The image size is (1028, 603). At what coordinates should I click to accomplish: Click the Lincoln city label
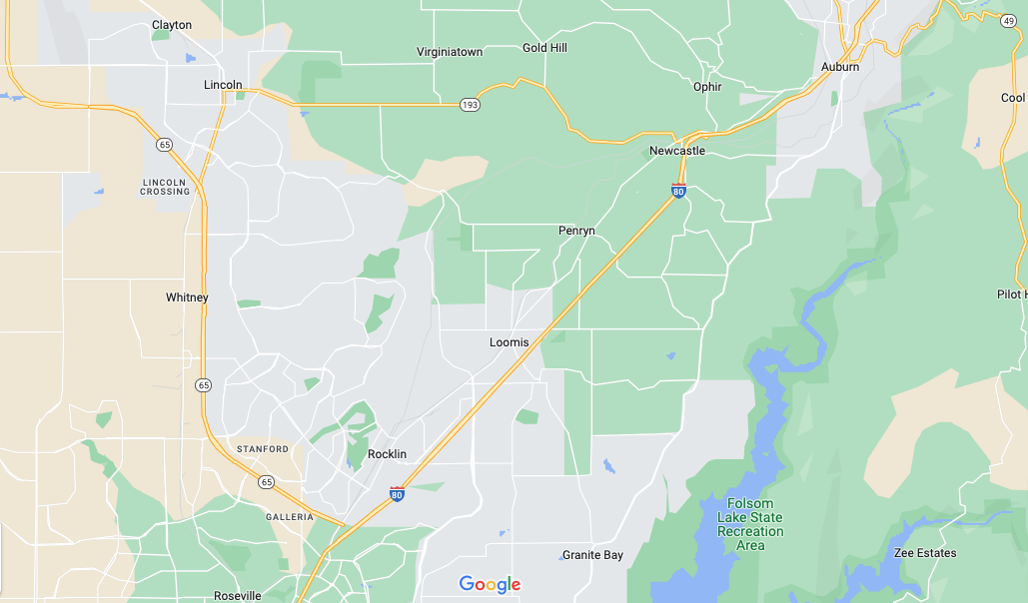pos(223,85)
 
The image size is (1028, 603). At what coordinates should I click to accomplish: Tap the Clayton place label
pos(172,25)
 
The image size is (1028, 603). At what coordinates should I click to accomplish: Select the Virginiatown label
pos(449,51)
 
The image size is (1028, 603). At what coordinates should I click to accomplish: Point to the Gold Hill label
pos(544,48)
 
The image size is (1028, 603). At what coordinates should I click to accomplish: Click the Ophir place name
pos(707,88)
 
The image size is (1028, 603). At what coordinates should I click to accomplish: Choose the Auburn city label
pos(840,67)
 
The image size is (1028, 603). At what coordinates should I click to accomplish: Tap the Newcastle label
pos(677,151)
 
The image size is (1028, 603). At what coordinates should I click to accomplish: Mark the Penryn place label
pos(576,231)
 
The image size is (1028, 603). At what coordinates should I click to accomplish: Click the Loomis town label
pos(510,342)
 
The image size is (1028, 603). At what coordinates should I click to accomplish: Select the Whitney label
pos(188,298)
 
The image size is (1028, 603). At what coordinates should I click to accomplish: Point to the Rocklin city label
pos(388,454)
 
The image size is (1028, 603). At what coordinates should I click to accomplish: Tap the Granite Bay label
pos(592,555)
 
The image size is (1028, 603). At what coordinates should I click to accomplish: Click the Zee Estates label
pos(925,553)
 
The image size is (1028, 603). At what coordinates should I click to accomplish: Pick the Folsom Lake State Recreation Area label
pos(750,524)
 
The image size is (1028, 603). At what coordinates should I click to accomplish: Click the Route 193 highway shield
pos(470,104)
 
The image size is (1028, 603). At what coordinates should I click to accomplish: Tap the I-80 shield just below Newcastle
pos(678,191)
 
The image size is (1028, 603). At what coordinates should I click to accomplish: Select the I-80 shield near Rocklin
pos(398,493)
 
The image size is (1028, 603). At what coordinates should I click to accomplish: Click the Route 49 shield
pos(1008,21)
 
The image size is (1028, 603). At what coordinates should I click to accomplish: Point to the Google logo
pos(490,585)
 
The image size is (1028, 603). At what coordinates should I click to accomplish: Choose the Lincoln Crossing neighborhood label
pos(166,187)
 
